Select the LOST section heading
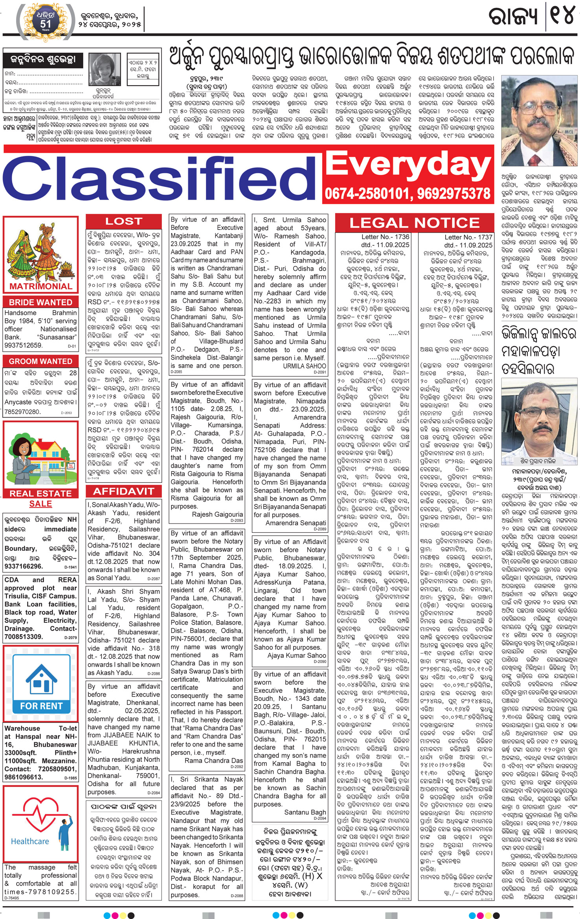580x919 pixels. pyautogui.click(x=123, y=221)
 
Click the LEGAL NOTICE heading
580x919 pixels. pyautogui.click(x=414, y=223)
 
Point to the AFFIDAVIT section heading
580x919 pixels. pyautogui.click(x=123, y=491)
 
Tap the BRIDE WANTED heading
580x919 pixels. pyautogui.click(x=40, y=302)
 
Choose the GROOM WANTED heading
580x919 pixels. pyautogui.click(x=40, y=361)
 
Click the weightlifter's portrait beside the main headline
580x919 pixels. pyautogui.click(x=539, y=121)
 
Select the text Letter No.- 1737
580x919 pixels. pyautogui.click(x=468, y=237)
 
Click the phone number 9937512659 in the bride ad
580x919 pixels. pyautogui.click(x=23, y=345)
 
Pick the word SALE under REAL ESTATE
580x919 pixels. pyautogui.click(x=40, y=504)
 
